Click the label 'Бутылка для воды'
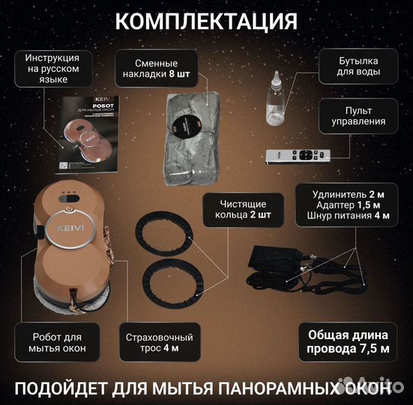[357, 67]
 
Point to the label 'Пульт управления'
[357, 115]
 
